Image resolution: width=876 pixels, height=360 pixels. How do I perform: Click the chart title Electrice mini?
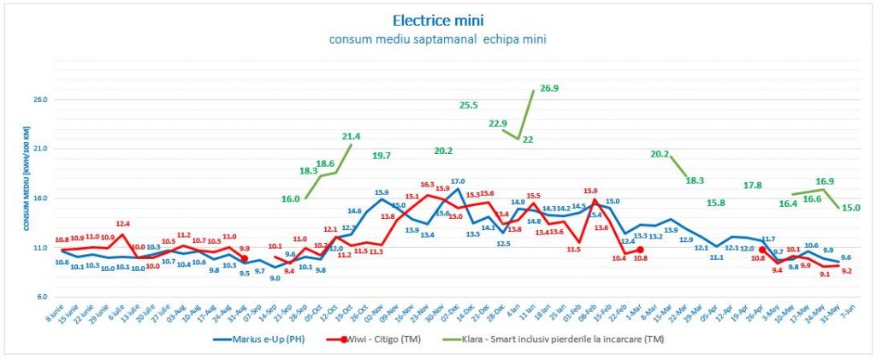[437, 19]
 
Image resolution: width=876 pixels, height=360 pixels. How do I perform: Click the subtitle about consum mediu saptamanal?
[437, 38]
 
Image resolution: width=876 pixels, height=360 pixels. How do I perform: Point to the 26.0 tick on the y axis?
[38, 99]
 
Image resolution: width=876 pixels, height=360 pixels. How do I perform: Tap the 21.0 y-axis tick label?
[38, 149]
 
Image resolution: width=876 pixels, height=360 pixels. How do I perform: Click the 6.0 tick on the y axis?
[40, 297]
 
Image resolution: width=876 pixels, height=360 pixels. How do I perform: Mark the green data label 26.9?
[548, 88]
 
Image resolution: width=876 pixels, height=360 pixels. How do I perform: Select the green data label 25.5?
[469, 105]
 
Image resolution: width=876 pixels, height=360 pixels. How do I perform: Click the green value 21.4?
[351, 136]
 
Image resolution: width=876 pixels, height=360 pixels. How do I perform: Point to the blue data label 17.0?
[458, 181]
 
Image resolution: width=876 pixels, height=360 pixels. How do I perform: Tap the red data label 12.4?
[124, 224]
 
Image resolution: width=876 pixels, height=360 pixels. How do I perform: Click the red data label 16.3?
[427, 185]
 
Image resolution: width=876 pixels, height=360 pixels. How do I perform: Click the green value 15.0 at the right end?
[851, 208]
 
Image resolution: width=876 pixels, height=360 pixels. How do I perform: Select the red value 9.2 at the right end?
[845, 271]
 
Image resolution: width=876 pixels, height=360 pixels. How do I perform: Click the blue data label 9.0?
[275, 278]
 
